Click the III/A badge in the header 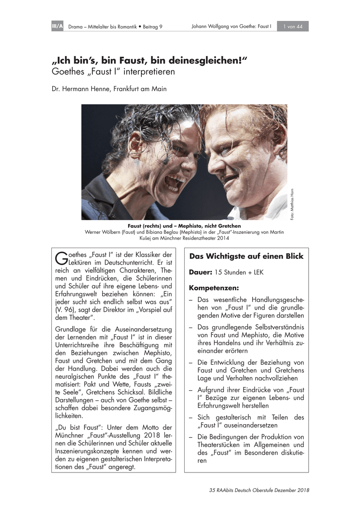pyautogui.click(x=57, y=27)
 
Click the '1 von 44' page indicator pyautogui.click(x=292, y=27)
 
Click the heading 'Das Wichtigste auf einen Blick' pyautogui.click(x=246, y=257)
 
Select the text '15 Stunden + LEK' pyautogui.click(x=239, y=272)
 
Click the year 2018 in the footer pyautogui.click(x=302, y=490)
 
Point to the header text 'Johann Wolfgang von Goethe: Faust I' pyautogui.click(x=231, y=27)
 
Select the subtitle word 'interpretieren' pyautogui.click(x=147, y=72)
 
